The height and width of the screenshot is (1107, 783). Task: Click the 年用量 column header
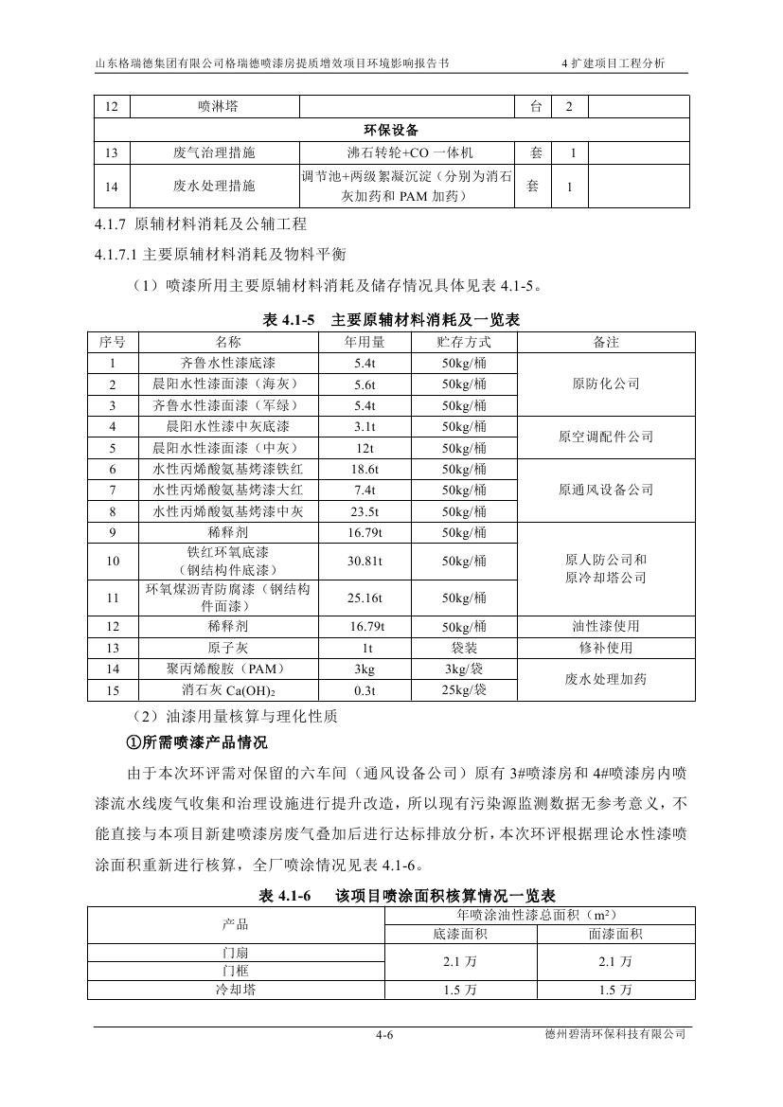pyautogui.click(x=365, y=342)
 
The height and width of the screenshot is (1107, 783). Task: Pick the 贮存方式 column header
pyautogui.click(x=464, y=342)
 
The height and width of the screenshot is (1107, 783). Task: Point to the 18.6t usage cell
pyautogui.click(x=365, y=470)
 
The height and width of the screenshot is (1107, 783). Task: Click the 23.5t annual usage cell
pyautogui.click(x=365, y=512)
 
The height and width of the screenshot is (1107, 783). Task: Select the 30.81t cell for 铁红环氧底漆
pyautogui.click(x=365, y=561)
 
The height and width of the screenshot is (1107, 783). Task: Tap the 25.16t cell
pyautogui.click(x=365, y=598)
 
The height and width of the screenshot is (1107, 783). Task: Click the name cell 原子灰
pyautogui.click(x=228, y=648)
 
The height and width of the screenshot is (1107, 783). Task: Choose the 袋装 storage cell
pyautogui.click(x=464, y=648)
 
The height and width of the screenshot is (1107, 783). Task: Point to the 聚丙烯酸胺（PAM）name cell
pyautogui.click(x=228, y=670)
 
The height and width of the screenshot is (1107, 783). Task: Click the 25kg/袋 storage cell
pyautogui.click(x=464, y=690)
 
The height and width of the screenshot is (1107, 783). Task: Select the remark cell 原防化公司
pyautogui.click(x=606, y=384)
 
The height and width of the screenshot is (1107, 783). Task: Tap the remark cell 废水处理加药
pyautogui.click(x=606, y=679)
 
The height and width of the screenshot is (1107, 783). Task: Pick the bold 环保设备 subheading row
pyautogui.click(x=391, y=130)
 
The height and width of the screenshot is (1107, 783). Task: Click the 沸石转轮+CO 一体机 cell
pyautogui.click(x=410, y=152)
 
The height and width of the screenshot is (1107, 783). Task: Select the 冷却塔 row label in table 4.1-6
pyautogui.click(x=236, y=990)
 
